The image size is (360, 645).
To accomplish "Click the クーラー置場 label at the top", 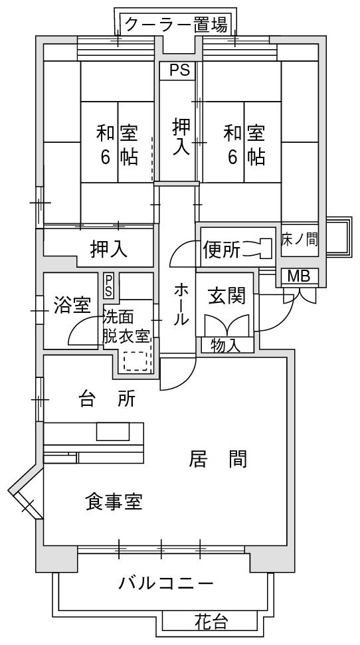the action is pyautogui.click(x=175, y=25).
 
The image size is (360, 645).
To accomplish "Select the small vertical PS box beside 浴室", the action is pyautogui.click(x=109, y=286).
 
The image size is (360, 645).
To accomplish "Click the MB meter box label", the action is pyautogui.click(x=299, y=276).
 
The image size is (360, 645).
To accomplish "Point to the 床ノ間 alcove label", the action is pyautogui.click(x=300, y=239).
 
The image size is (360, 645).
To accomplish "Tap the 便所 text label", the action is pyautogui.click(x=221, y=249).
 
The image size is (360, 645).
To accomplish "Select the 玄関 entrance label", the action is pyautogui.click(x=226, y=295).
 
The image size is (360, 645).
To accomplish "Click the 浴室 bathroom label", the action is pyautogui.click(x=72, y=306).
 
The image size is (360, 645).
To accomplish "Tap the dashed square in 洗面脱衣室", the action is pyautogui.click(x=135, y=361).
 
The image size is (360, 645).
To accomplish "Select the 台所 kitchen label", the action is pyautogui.click(x=107, y=399).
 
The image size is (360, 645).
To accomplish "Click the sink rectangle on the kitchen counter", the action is pyautogui.click(x=113, y=432).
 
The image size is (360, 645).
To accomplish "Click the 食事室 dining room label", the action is pyautogui.click(x=114, y=502).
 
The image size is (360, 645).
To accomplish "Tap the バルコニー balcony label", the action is pyautogui.click(x=167, y=583).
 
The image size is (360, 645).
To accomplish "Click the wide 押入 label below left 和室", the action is pyautogui.click(x=109, y=249).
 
